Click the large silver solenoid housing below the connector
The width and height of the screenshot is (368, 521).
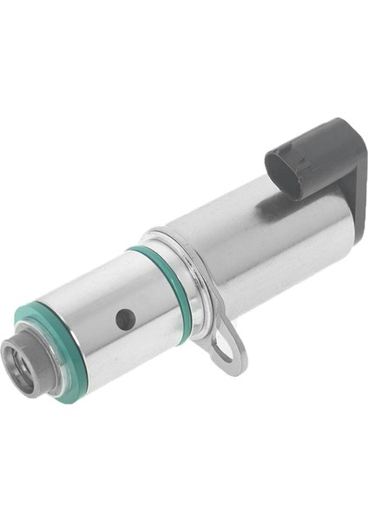click(260, 243)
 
